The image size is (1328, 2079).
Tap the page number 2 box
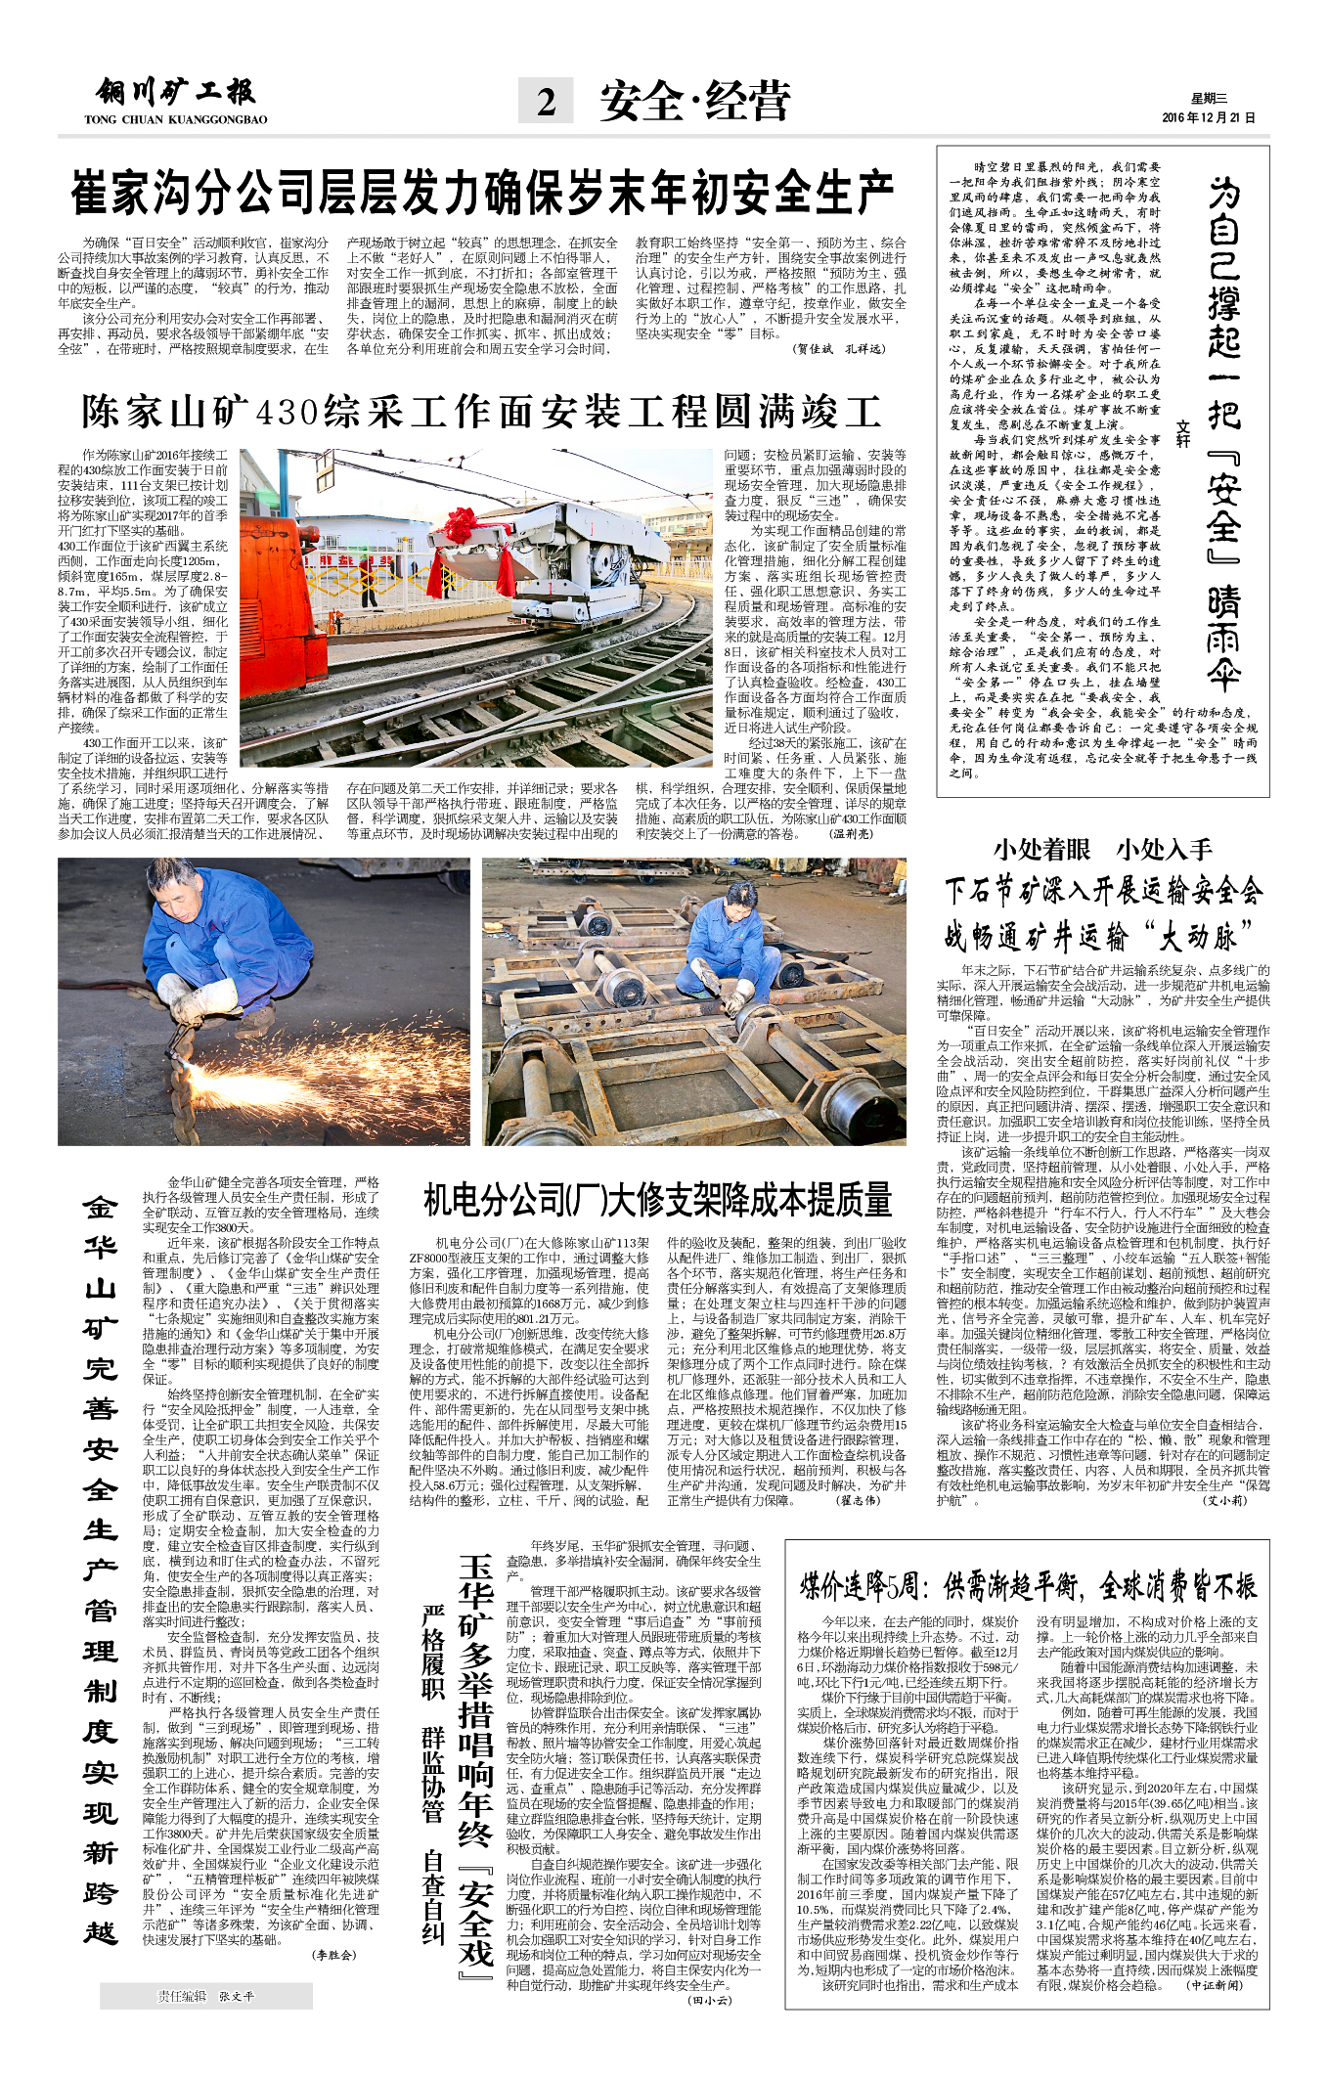tap(546, 101)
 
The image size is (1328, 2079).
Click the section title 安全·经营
tap(694, 102)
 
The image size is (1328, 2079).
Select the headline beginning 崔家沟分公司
tap(481, 192)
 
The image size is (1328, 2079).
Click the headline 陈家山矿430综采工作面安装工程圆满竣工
tap(481, 412)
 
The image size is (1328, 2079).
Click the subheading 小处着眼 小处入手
tap(1102, 849)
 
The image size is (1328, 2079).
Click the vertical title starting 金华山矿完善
tap(101, 1574)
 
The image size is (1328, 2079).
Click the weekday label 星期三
tap(1208, 99)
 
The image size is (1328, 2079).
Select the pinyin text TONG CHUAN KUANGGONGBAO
tap(176, 119)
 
